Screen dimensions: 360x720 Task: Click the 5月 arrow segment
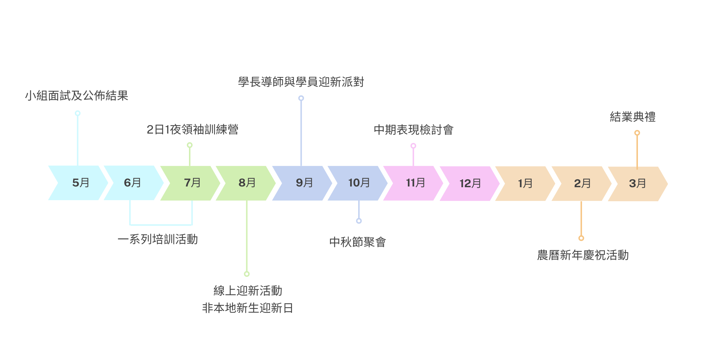pyautogui.click(x=80, y=183)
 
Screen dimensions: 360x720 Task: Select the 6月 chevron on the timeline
pyautogui.click(x=132, y=183)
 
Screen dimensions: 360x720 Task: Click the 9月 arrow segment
pyautogui.click(x=304, y=183)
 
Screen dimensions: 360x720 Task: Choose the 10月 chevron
pyautogui.click(x=359, y=183)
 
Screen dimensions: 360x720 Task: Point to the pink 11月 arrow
pyautogui.click(x=415, y=183)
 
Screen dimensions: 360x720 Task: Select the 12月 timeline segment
pyautogui.click(x=470, y=184)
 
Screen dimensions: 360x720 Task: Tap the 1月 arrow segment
pyautogui.click(x=525, y=184)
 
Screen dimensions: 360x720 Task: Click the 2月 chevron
pyautogui.click(x=582, y=184)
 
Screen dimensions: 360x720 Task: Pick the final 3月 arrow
pyautogui.click(x=637, y=184)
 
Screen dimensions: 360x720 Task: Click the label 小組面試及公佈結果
pyautogui.click(x=77, y=96)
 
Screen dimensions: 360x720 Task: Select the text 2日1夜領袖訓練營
pyautogui.click(x=192, y=130)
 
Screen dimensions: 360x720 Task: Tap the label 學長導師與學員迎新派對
pyautogui.click(x=301, y=82)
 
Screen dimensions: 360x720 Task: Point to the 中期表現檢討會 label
pyautogui.click(x=413, y=130)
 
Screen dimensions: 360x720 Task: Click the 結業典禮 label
pyautogui.click(x=633, y=117)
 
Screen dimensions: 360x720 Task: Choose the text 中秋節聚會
pyautogui.click(x=357, y=242)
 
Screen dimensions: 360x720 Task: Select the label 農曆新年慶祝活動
pyautogui.click(x=583, y=255)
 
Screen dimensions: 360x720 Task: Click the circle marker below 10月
pyautogui.click(x=359, y=221)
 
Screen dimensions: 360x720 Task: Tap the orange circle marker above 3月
pyautogui.click(x=637, y=133)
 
